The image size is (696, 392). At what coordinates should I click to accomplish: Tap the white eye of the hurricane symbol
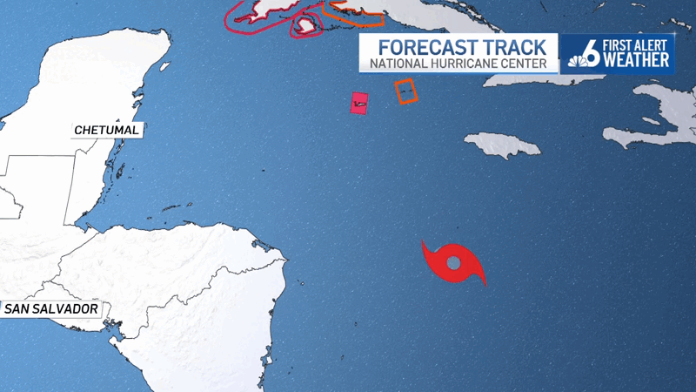click(453, 262)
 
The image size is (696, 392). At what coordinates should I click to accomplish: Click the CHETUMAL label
click(107, 130)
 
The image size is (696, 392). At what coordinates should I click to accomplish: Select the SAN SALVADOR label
click(50, 309)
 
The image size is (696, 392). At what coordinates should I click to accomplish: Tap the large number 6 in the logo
click(589, 51)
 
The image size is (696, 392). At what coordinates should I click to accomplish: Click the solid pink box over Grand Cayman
click(358, 103)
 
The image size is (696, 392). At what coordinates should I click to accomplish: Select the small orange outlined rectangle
click(405, 91)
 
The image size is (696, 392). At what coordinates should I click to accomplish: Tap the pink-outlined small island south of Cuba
click(305, 27)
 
